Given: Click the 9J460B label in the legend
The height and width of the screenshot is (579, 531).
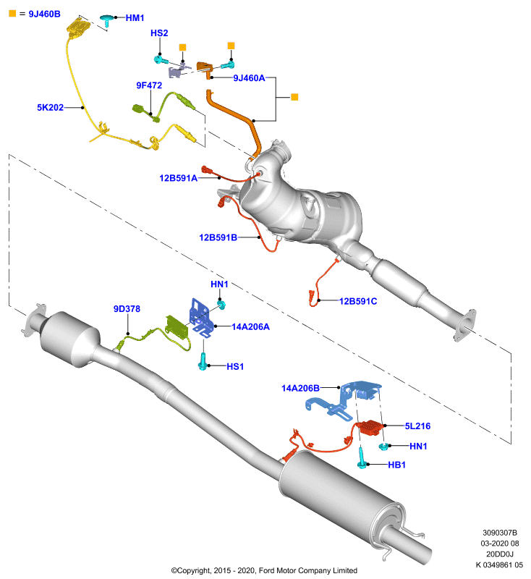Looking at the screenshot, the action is coord(44,14).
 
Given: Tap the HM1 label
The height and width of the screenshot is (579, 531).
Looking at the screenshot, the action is coord(135,18).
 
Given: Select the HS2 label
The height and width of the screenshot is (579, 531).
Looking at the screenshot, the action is coord(159,33).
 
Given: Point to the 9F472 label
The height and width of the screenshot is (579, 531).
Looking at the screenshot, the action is coord(149,85).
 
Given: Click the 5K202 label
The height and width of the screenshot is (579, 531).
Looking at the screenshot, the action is coord(50,107).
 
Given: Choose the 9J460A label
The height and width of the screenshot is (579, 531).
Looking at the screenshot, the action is coord(249,78).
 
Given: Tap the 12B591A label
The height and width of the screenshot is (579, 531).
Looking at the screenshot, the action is coord(178,178).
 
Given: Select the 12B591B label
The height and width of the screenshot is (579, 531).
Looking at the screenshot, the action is coord(218,237).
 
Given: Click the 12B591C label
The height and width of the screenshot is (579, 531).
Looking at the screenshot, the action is coord(358,301).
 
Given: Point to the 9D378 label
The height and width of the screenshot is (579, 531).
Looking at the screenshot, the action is coord(127,309).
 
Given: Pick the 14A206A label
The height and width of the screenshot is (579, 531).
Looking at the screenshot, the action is coord(250,327).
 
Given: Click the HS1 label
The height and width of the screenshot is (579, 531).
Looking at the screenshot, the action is coord(235,367).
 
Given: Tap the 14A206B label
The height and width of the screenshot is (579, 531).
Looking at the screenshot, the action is coord(300,388).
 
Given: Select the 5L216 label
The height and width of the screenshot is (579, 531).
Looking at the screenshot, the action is coord(417,426).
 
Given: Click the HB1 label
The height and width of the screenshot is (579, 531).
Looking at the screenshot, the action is coord(396,465).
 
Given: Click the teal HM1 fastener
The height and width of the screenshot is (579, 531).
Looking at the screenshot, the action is coord(107,20).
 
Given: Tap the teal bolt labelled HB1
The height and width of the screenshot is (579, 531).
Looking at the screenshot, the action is coord(362,458).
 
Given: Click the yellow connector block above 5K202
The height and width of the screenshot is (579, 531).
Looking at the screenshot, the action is coord(79,28).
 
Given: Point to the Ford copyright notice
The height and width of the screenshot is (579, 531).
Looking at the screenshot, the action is coord(264,570).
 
